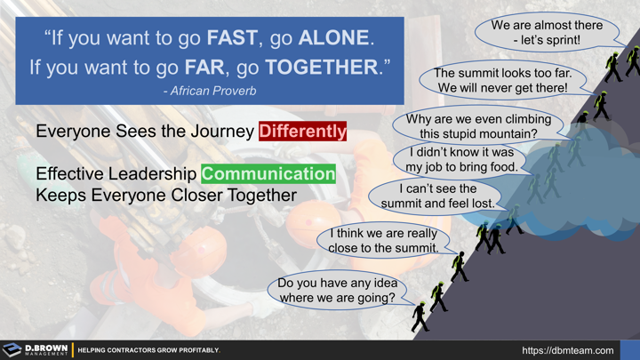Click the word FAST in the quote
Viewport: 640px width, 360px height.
(x=234, y=38)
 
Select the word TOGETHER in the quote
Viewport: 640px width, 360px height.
(x=321, y=67)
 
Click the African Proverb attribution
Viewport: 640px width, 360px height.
(x=210, y=91)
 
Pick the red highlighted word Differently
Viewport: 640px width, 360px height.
(x=302, y=131)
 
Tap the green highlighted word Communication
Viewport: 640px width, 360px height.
(x=268, y=173)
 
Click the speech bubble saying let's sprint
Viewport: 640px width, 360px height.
(x=546, y=33)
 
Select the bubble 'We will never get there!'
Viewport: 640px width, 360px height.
(x=502, y=80)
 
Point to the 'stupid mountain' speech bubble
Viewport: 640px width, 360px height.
(x=478, y=126)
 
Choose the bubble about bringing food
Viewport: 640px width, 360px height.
(x=460, y=159)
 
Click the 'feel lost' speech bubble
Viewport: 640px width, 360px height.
(x=437, y=196)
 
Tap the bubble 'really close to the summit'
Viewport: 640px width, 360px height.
(x=383, y=240)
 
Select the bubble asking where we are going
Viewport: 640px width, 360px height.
(x=337, y=290)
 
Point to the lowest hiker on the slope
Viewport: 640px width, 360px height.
(x=420, y=316)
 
